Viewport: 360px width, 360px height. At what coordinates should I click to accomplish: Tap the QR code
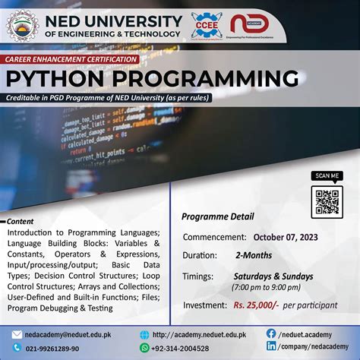(x=328, y=201)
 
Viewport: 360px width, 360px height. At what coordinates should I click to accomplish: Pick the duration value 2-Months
(x=254, y=256)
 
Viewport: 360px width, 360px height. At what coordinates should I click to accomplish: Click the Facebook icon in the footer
(x=271, y=333)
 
